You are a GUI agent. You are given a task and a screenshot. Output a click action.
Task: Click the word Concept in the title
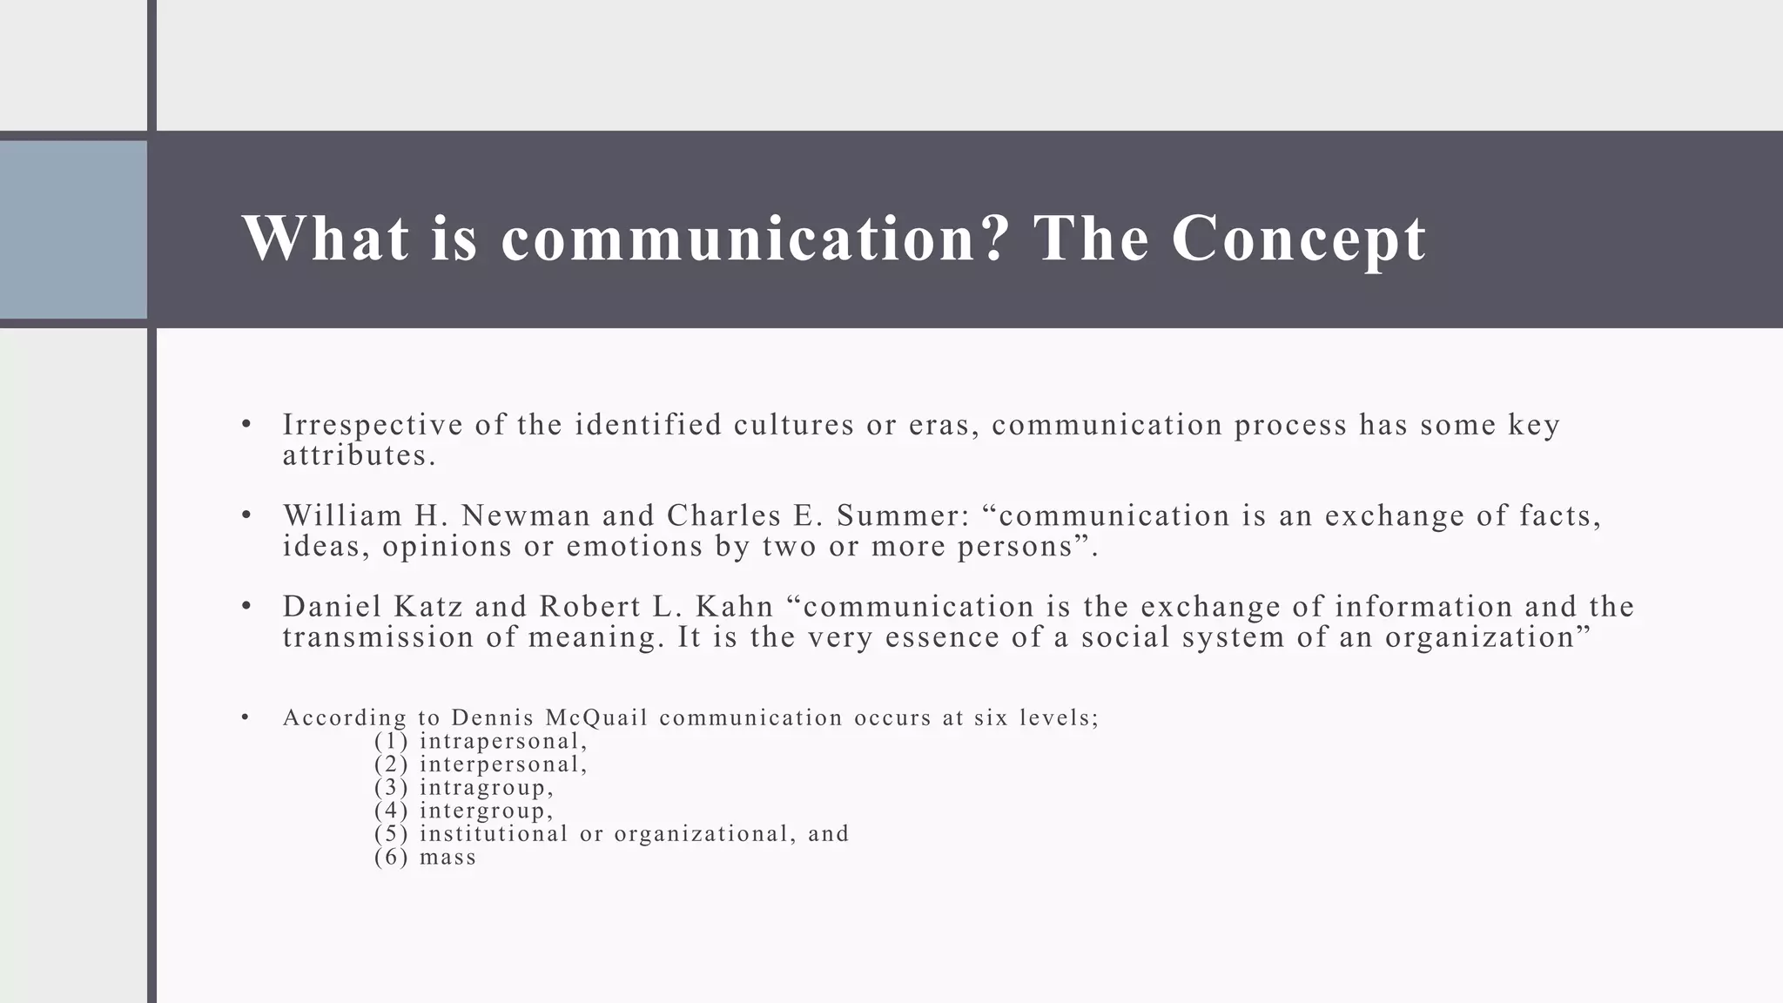(x=1298, y=239)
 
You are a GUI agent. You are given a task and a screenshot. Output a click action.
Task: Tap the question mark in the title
(x=995, y=239)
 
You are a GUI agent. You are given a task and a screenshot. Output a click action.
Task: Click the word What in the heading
(x=326, y=239)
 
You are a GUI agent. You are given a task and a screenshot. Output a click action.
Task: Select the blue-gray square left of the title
(x=73, y=230)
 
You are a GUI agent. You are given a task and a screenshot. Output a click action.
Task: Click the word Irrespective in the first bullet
(x=373, y=425)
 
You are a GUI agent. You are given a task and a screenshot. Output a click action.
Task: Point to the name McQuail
(x=597, y=717)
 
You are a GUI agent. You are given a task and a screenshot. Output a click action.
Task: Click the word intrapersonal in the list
(x=502, y=742)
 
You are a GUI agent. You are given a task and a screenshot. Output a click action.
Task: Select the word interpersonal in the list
(x=502, y=764)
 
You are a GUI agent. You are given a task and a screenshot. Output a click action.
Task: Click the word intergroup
(x=485, y=811)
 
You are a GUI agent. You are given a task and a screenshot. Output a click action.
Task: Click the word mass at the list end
(x=447, y=858)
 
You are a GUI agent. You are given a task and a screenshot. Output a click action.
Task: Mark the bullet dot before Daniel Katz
(x=246, y=606)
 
